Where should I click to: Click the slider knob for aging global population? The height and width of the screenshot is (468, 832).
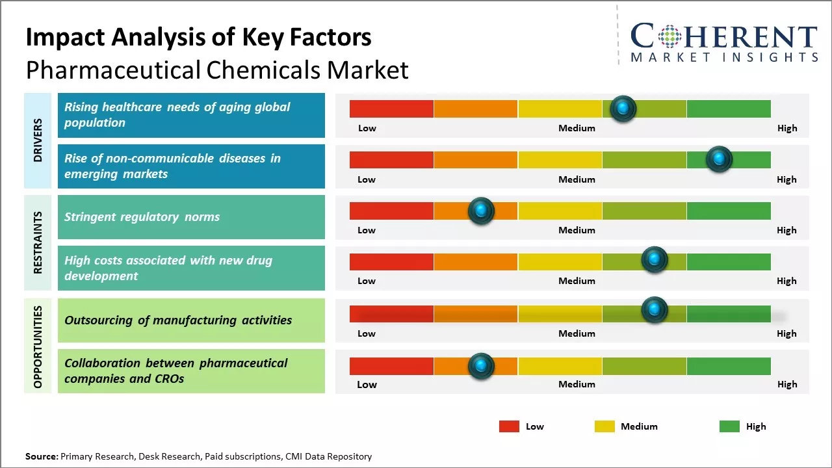pyautogui.click(x=623, y=109)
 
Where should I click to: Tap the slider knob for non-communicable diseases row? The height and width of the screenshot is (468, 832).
pyautogui.click(x=719, y=159)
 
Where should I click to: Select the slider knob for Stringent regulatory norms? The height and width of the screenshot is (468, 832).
pyautogui.click(x=481, y=211)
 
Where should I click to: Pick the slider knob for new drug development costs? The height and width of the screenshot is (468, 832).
pyautogui.click(x=655, y=259)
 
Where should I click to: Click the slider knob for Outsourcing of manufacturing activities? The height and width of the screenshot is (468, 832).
pyautogui.click(x=655, y=310)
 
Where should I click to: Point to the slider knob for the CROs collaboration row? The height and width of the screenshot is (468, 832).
pyautogui.click(x=481, y=366)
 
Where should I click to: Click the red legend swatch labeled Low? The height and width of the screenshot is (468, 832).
pyautogui.click(x=509, y=426)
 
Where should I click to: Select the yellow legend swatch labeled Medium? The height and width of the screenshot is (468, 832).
pyautogui.click(x=604, y=426)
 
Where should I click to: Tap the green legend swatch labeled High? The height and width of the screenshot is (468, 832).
pyautogui.click(x=729, y=426)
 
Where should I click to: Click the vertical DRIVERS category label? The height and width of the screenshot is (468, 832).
pyautogui.click(x=38, y=140)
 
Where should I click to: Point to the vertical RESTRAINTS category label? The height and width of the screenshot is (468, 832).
pyautogui.click(x=38, y=242)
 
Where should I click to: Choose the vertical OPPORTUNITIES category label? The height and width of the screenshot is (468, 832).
pyautogui.click(x=38, y=346)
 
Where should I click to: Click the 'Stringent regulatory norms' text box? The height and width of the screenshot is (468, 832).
pyautogui.click(x=191, y=217)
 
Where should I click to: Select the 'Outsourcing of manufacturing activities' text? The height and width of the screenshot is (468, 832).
pyautogui.click(x=178, y=320)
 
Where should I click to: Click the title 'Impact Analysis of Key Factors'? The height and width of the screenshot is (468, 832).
pyautogui.click(x=198, y=38)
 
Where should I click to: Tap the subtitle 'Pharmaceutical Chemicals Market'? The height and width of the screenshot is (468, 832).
pyautogui.click(x=217, y=70)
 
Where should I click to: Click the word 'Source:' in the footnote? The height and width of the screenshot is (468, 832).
pyautogui.click(x=42, y=456)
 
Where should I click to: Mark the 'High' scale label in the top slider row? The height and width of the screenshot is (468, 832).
pyautogui.click(x=787, y=128)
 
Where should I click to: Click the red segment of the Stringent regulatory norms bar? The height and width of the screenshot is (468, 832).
pyautogui.click(x=391, y=211)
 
